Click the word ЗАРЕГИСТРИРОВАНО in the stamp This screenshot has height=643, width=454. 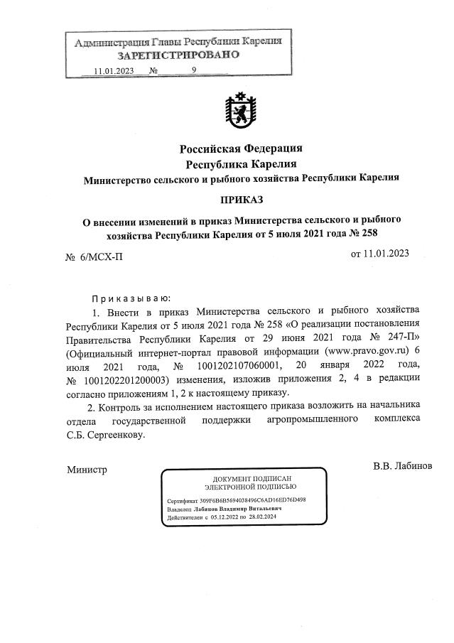click(178, 55)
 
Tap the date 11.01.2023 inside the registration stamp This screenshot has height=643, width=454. click(113, 70)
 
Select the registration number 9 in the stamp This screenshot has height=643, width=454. click(193, 70)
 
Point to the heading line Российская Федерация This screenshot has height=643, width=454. click(241, 148)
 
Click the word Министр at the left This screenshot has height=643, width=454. click(86, 470)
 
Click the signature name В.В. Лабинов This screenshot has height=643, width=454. click(407, 467)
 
